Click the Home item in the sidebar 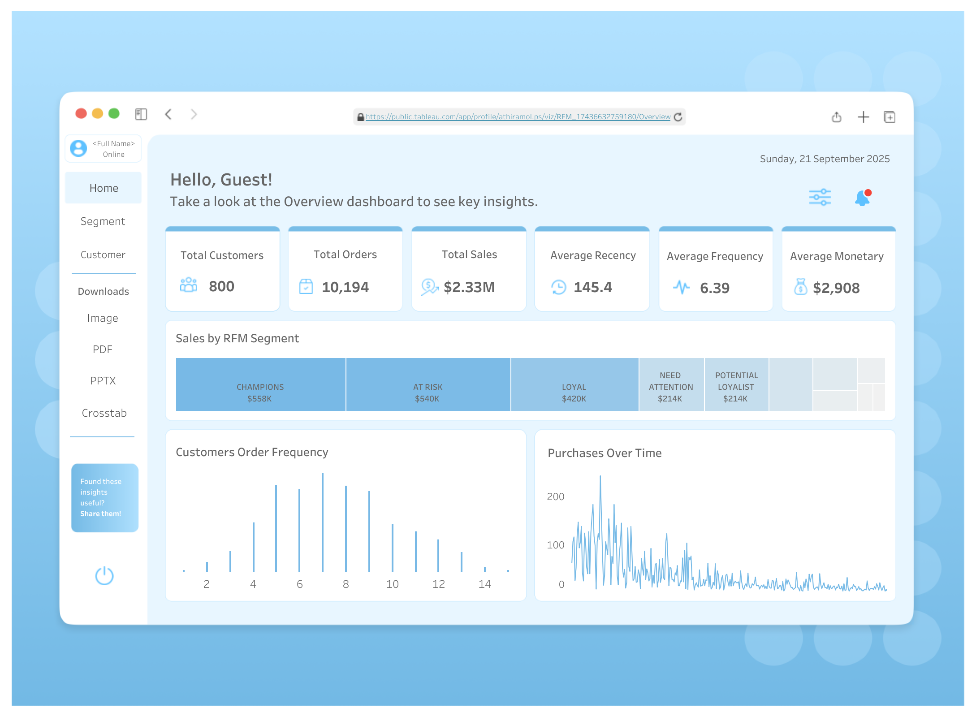pyautogui.click(x=104, y=188)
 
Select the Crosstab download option pyautogui.click(x=104, y=413)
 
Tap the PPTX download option pyautogui.click(x=103, y=381)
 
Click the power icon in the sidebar pyautogui.click(x=104, y=576)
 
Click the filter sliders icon pyautogui.click(x=820, y=197)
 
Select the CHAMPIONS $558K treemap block pyautogui.click(x=260, y=384)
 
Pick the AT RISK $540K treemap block pyautogui.click(x=428, y=384)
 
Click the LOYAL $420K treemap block pyautogui.click(x=574, y=384)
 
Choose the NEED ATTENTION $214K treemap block pyautogui.click(x=671, y=384)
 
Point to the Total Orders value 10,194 pyautogui.click(x=345, y=287)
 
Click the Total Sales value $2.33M pyautogui.click(x=469, y=287)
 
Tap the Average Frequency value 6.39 pyautogui.click(x=715, y=288)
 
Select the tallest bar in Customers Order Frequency pyautogui.click(x=323, y=522)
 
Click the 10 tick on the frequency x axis pyautogui.click(x=392, y=584)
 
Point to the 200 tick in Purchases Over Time pyautogui.click(x=555, y=497)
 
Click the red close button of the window pyautogui.click(x=81, y=114)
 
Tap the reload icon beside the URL pyautogui.click(x=678, y=117)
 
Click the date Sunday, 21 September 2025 pyautogui.click(x=825, y=159)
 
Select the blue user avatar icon pyautogui.click(x=78, y=148)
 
